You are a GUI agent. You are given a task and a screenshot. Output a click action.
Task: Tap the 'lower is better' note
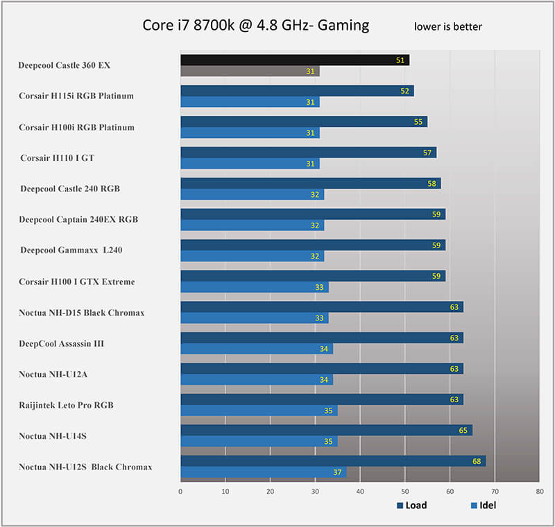click(x=447, y=27)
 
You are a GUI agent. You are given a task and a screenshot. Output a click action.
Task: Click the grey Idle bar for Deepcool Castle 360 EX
click(x=250, y=71)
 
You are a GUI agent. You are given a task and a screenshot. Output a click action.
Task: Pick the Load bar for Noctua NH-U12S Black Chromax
click(x=332, y=461)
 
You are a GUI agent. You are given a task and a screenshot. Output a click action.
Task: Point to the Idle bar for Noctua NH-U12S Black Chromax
click(x=263, y=472)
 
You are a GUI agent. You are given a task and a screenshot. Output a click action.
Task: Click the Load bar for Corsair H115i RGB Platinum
click(x=296, y=91)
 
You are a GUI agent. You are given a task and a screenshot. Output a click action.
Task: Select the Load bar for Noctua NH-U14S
click(x=325, y=430)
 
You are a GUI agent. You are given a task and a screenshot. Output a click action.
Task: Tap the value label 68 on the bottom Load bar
click(x=477, y=461)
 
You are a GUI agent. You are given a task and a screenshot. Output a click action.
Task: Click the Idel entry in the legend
click(x=484, y=505)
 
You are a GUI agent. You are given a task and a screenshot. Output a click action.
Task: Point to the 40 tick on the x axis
click(x=360, y=492)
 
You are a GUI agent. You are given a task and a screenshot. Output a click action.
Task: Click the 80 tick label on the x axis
click(x=539, y=492)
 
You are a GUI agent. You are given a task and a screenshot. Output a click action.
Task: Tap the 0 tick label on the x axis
click(x=180, y=492)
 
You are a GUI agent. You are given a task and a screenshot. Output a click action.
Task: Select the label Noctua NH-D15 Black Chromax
click(x=82, y=313)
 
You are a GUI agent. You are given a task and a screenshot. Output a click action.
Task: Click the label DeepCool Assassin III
click(x=62, y=343)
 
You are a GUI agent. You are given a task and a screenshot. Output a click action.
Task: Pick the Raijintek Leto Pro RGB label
click(x=67, y=404)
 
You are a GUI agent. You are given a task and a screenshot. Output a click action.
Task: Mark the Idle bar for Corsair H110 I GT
click(x=250, y=164)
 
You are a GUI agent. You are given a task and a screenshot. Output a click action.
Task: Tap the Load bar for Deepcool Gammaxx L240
click(x=312, y=245)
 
